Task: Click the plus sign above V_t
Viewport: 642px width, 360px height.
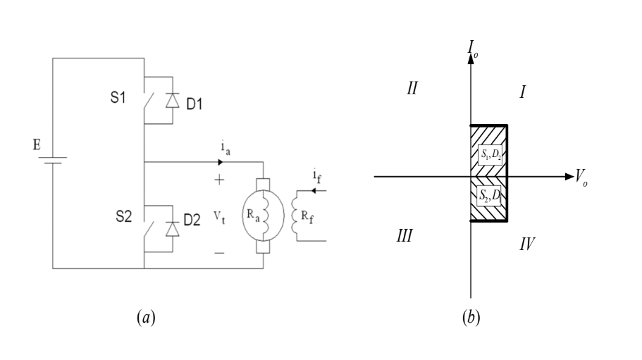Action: coord(219,180)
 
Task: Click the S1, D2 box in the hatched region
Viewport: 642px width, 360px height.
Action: coord(489,154)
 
